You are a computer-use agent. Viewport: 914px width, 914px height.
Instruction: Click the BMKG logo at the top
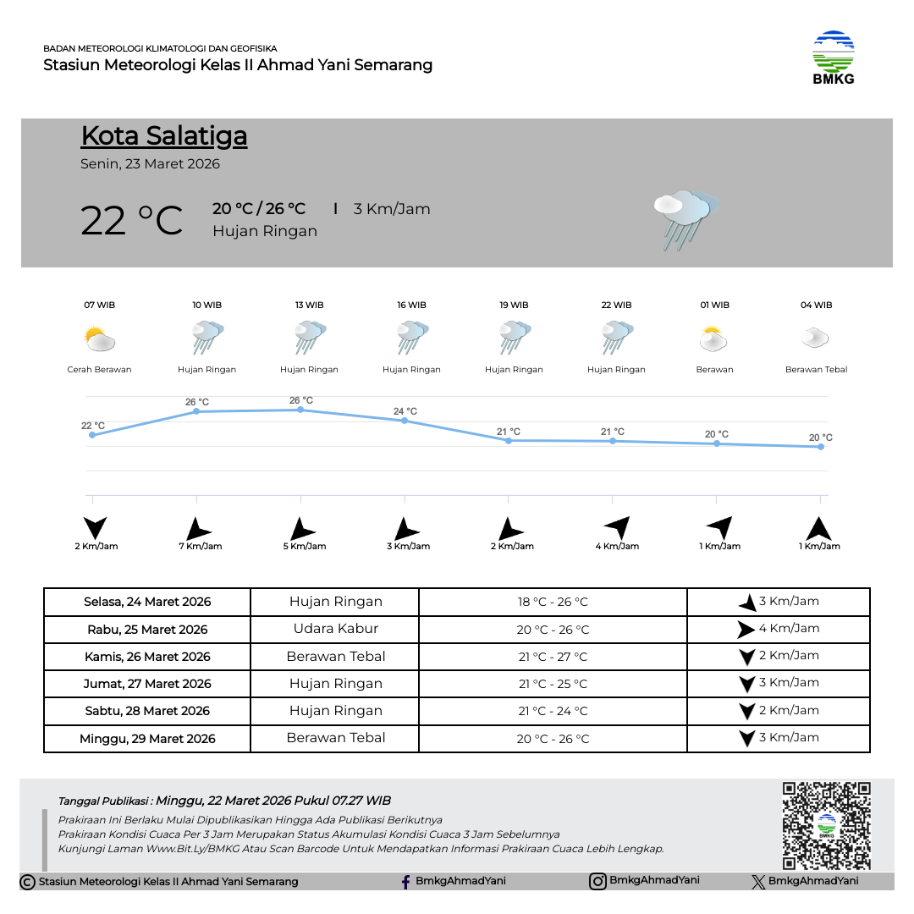coord(833,57)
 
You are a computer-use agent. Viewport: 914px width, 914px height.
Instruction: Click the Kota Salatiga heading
coord(164,136)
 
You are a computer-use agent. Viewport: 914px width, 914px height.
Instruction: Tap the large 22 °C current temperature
coord(131,220)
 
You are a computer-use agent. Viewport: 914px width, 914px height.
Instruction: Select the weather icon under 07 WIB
coord(100,340)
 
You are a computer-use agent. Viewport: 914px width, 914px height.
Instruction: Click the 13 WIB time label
coord(309,305)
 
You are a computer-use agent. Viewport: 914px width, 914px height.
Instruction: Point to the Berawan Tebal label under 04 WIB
coord(816,370)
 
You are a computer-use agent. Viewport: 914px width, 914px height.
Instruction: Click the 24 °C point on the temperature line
coord(405,421)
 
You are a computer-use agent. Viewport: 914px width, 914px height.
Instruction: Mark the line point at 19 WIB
coord(509,440)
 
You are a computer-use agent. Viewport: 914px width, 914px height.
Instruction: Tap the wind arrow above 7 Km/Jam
coord(198,529)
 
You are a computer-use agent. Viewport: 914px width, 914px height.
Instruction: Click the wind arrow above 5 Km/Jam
coord(301,529)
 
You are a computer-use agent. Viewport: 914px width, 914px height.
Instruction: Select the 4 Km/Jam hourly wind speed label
coord(617,547)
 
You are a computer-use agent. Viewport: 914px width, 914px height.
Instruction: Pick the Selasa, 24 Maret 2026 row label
coord(147,603)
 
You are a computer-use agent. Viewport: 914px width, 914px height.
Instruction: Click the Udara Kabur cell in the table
coord(335,629)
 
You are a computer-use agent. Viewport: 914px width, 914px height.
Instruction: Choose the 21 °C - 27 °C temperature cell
coord(553,657)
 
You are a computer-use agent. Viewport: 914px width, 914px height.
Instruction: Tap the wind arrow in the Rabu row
coord(745,630)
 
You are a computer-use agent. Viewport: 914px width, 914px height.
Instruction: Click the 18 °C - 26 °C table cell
coord(553,603)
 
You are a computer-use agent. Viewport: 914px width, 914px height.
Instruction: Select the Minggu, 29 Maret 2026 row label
coord(147,739)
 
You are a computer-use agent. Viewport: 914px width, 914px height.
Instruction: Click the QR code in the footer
coord(826,825)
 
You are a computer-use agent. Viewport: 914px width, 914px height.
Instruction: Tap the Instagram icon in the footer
coord(597,881)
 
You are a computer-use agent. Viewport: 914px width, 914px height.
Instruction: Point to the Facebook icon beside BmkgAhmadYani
coord(406,882)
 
